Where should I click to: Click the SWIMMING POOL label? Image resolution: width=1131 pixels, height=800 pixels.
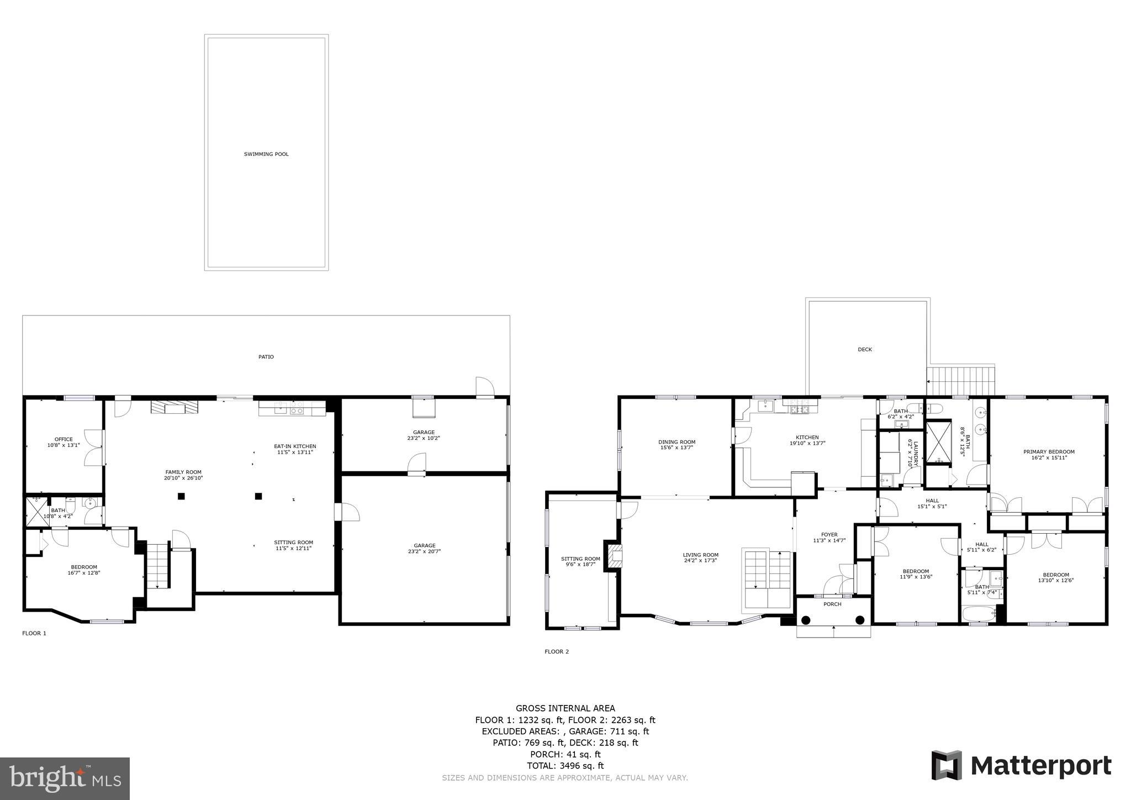pos(266,154)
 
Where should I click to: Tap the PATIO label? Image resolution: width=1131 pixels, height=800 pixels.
pos(266,357)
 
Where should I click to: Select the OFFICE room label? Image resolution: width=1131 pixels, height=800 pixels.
pos(64,439)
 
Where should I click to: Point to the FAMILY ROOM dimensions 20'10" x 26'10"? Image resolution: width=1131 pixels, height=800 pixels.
pos(183,478)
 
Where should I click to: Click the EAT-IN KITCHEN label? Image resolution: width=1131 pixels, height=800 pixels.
pos(295,446)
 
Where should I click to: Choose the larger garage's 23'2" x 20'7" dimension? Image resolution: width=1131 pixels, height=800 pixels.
pos(424,551)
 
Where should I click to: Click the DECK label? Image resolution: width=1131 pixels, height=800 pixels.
pos(865,349)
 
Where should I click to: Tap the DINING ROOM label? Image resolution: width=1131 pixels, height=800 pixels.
pos(677,441)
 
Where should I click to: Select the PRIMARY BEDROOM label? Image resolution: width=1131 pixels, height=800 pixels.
pos(1049,451)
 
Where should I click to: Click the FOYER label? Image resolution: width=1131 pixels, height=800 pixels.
pos(829,534)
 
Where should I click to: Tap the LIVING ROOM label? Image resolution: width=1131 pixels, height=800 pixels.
pos(700,555)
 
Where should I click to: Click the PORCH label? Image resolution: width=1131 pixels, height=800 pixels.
pos(832,604)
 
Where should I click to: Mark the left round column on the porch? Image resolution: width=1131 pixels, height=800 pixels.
pos(806,620)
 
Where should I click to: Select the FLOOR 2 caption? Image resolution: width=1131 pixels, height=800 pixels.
pos(557,651)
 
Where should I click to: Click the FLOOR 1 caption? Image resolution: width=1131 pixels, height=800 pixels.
pos(34,633)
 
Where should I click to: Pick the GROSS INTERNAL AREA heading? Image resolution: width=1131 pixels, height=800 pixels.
pos(565,708)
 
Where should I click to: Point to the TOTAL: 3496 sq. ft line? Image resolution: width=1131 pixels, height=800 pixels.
pos(565,766)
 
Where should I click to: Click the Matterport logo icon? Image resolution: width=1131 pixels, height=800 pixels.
pos(947,765)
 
